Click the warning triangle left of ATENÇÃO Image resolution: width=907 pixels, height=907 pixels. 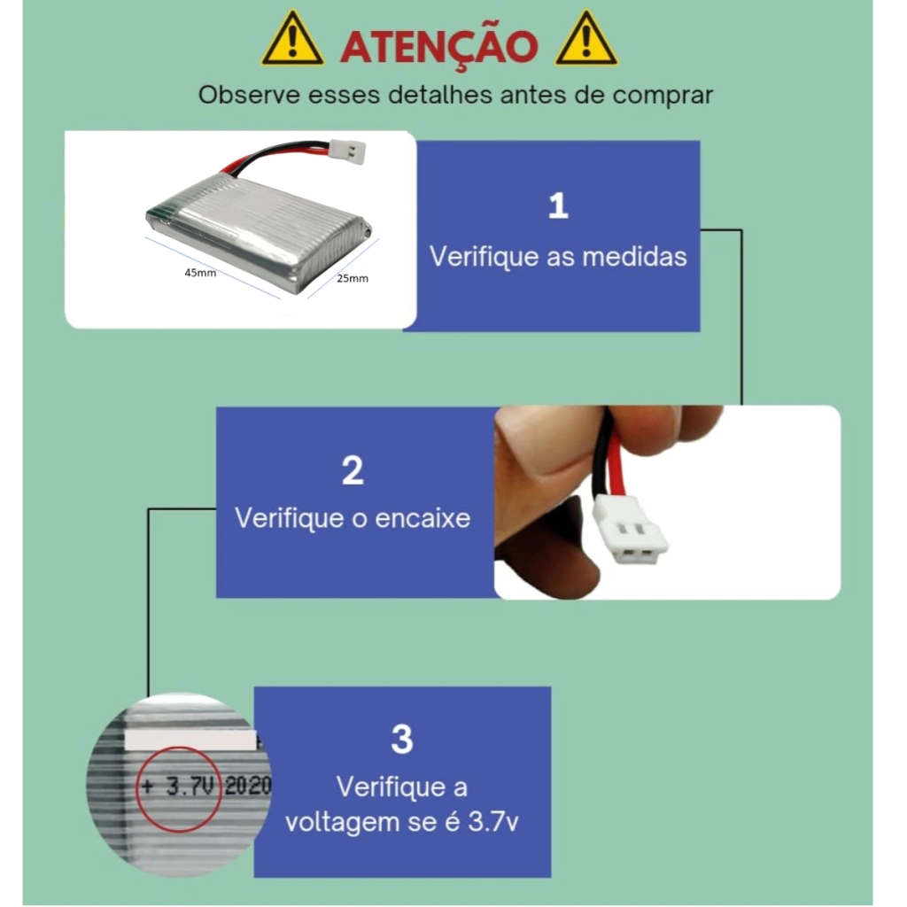292,39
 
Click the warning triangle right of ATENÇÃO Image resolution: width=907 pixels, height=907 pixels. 586,39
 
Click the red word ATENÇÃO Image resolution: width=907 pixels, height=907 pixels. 439,46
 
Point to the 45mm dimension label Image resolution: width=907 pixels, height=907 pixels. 200,273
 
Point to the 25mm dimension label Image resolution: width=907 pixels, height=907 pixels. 353,278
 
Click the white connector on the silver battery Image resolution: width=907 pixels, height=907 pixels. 347,151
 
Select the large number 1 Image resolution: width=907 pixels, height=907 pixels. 558,205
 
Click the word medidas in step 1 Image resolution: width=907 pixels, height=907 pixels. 634,256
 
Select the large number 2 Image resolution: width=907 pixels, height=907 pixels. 353,470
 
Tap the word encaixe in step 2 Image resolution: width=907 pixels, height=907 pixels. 422,517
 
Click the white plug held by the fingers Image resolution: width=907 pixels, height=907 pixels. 630,530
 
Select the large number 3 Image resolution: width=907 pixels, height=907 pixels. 402,740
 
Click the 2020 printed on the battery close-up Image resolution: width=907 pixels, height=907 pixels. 248,786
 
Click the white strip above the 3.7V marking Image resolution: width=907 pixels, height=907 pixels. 190,740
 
